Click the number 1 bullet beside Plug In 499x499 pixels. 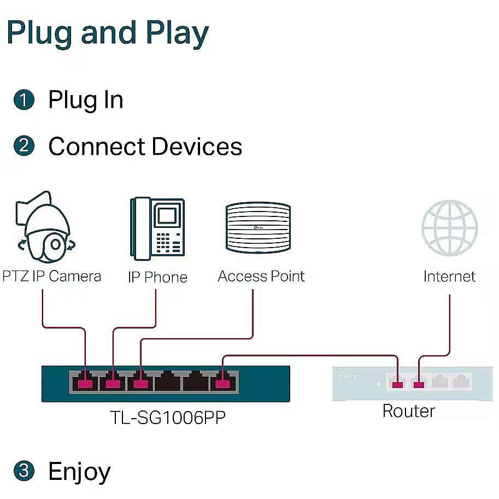coord(24,100)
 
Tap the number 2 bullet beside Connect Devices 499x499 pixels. coord(24,146)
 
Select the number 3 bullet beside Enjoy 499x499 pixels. coord(24,471)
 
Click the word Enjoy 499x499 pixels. coord(79,471)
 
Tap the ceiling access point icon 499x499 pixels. coord(258,227)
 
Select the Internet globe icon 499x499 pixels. coord(449,227)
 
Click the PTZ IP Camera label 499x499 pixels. coord(52,276)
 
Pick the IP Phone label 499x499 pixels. coord(157,277)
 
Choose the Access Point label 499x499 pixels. coord(261,276)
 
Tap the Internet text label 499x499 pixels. coord(449,277)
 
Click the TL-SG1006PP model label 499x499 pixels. coord(167,417)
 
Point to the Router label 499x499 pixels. coord(408,410)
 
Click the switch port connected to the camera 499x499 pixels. coord(85,383)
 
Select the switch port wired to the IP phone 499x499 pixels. coord(113,383)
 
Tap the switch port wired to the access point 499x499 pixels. coord(141,383)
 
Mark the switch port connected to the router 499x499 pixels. coord(222,383)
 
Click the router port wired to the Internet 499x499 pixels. coord(419,383)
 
